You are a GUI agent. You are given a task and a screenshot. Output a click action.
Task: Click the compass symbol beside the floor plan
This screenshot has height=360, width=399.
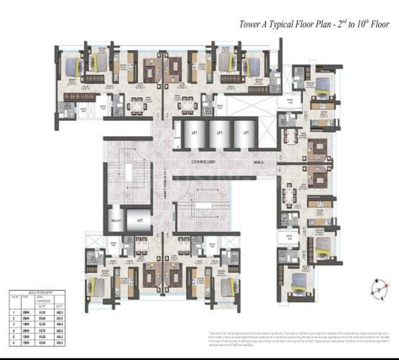pos(379,289)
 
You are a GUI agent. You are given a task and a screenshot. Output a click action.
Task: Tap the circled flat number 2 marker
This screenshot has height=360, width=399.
pos(168,115)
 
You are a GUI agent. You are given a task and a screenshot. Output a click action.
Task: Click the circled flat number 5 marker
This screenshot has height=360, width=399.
pos(168,234)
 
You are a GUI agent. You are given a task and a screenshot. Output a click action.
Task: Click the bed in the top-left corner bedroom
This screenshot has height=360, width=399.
pos(71,68)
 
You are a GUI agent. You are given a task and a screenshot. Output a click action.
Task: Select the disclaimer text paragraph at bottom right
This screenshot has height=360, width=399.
pos(297,339)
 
